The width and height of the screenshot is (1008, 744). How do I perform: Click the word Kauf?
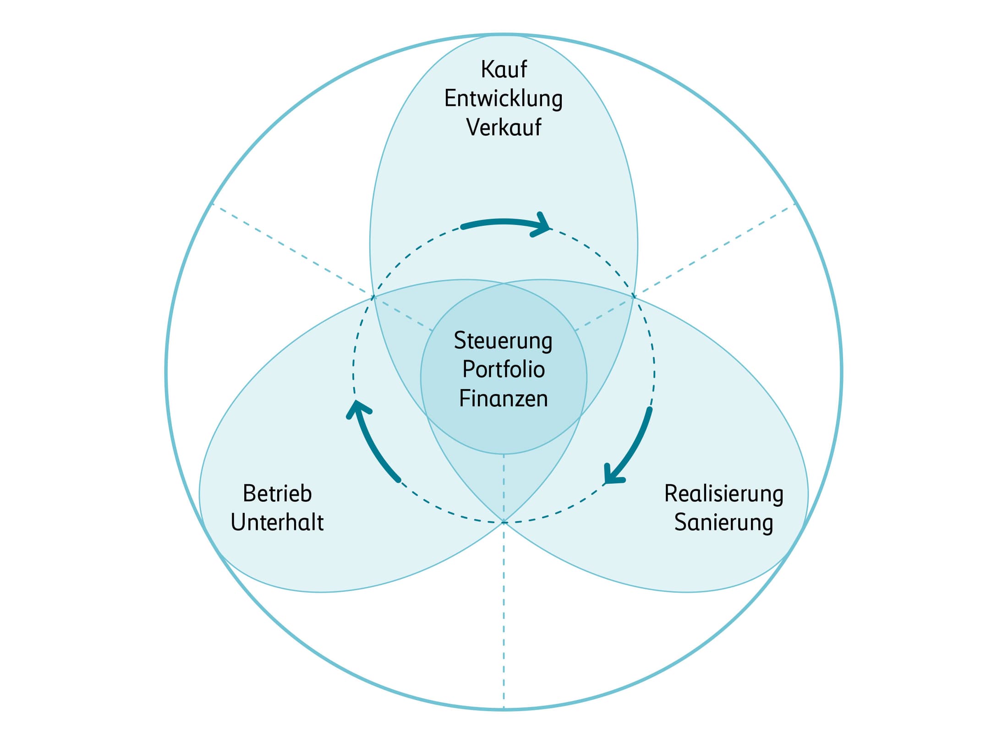[x=504, y=70]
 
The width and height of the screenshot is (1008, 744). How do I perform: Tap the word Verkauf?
[x=504, y=127]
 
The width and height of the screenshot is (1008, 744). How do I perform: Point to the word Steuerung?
[x=503, y=342]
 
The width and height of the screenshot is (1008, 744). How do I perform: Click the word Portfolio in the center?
[x=504, y=369]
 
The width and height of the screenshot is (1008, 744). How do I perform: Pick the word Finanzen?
[x=504, y=398]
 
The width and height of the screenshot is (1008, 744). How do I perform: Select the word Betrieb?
[x=277, y=493]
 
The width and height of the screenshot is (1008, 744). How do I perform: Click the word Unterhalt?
[x=277, y=522]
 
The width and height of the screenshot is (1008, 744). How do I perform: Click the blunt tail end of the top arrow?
[x=463, y=226]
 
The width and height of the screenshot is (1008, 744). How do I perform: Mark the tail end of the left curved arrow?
[x=398, y=480]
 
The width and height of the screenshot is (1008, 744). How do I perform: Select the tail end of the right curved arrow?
[x=650, y=409]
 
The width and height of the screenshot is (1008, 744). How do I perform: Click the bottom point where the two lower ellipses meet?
[x=504, y=522]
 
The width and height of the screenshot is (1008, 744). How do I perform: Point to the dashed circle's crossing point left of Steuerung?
[x=373, y=297]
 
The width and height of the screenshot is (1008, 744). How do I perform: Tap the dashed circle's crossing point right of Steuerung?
[x=634, y=296]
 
